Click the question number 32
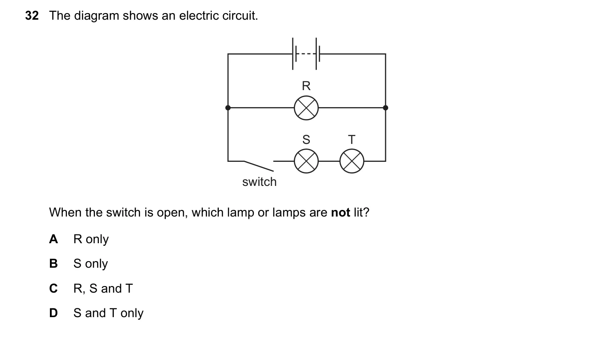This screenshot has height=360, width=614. (32, 16)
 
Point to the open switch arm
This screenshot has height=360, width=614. (259, 166)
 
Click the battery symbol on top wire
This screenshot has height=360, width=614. (306, 54)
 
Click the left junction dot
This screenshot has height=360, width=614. (228, 108)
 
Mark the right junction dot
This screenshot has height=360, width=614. (386, 108)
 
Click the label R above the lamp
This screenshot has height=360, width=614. (306, 86)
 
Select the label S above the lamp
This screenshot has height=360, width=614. (306, 140)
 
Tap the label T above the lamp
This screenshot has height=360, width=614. (352, 140)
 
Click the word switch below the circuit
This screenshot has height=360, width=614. (260, 182)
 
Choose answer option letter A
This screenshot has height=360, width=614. (53, 239)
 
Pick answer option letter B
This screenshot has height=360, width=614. (53, 264)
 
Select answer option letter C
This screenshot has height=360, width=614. (53, 288)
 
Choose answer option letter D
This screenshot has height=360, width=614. (53, 313)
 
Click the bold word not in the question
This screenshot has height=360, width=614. (340, 212)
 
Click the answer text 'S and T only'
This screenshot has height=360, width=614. (108, 313)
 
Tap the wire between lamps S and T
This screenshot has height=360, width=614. (329, 161)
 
